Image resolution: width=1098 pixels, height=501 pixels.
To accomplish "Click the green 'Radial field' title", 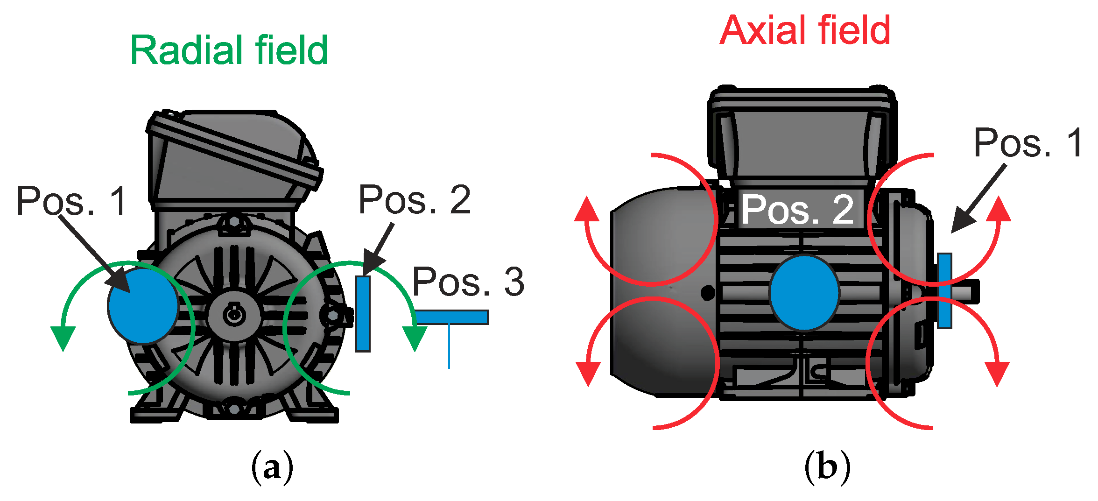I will click(229, 50).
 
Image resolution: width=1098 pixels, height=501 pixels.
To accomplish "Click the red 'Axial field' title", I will click(805, 31).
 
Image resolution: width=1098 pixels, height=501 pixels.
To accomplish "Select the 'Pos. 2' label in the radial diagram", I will click(415, 200).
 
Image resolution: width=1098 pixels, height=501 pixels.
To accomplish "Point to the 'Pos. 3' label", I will click(468, 282).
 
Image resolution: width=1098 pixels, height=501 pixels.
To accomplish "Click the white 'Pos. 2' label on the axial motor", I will click(798, 210).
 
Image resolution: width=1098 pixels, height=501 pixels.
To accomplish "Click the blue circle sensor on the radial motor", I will click(143, 306).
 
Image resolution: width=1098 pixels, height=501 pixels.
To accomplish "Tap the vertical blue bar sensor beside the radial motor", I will click(363, 313).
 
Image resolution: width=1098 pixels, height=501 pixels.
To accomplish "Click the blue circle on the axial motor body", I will click(804, 293).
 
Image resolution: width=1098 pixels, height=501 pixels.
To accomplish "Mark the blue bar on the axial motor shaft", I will click(944, 290).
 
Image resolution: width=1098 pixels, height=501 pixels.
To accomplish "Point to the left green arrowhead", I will click(63, 337).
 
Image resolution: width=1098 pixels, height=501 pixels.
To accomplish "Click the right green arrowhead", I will click(415, 337).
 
